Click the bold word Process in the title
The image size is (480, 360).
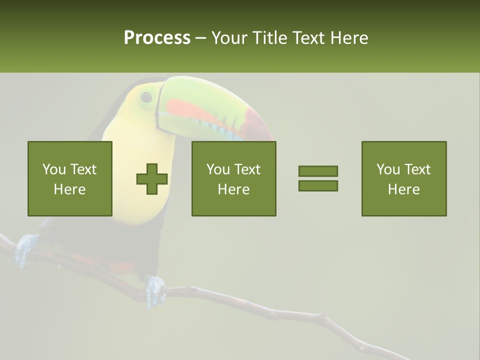157,38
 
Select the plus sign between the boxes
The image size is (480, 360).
152,179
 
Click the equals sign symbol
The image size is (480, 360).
318,178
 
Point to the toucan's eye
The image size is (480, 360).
146,97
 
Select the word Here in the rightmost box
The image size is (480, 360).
403,189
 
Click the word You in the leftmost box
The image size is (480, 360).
53,169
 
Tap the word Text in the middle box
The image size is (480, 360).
247,169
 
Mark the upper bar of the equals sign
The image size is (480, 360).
318,171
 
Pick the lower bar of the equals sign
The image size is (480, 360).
318,186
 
